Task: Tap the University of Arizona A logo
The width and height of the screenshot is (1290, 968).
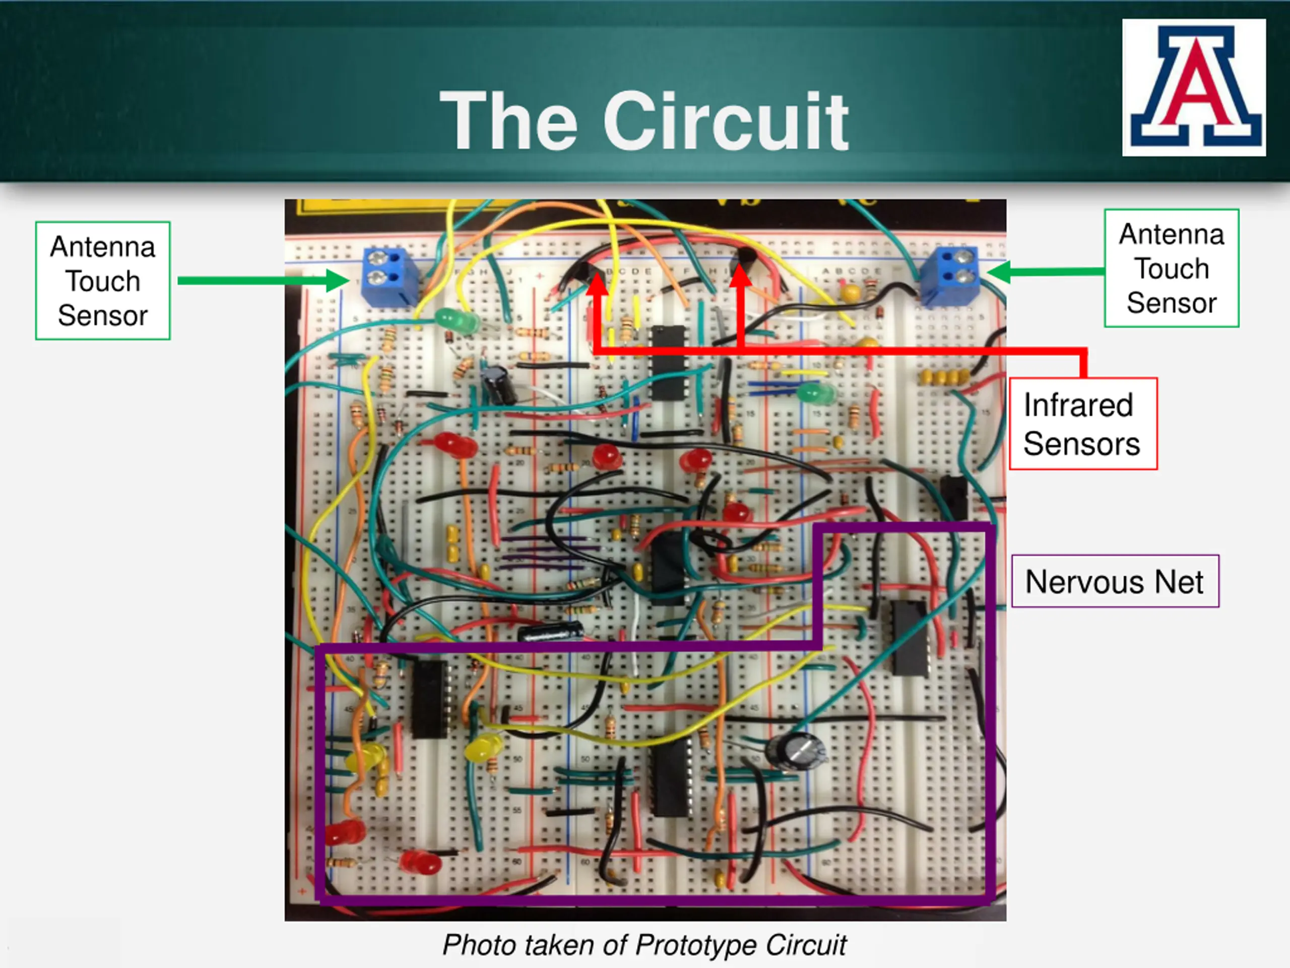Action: point(1193,88)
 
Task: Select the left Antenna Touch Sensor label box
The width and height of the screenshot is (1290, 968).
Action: point(103,281)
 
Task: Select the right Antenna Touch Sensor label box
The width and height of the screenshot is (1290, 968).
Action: point(1171,268)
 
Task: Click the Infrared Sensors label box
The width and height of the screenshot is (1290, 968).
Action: point(1082,423)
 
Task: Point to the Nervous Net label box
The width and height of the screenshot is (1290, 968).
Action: point(1115,581)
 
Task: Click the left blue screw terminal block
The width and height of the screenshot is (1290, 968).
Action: point(389,275)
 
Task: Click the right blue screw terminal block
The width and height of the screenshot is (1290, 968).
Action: point(949,274)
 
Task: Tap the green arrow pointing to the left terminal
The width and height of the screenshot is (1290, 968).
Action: point(263,281)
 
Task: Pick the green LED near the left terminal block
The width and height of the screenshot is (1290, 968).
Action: point(457,320)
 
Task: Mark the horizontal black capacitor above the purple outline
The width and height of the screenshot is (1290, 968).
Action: point(551,631)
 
